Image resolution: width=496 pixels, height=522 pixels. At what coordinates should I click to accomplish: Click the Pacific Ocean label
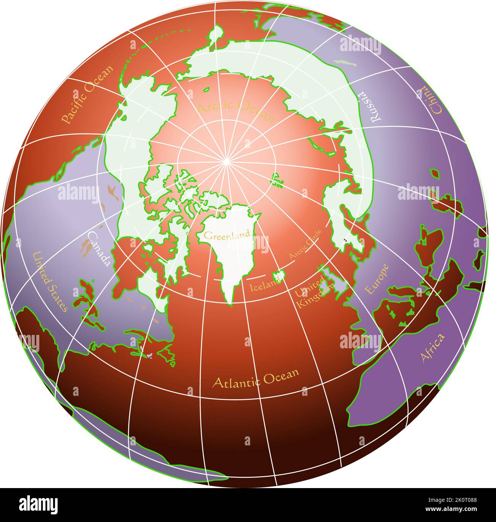click(87, 95)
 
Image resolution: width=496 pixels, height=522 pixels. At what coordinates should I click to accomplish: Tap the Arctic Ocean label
click(236, 110)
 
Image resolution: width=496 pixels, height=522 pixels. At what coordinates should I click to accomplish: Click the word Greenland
click(227, 235)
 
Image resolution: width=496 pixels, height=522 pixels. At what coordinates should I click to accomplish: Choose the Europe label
click(377, 279)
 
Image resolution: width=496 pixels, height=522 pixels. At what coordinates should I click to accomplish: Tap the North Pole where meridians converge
click(226, 162)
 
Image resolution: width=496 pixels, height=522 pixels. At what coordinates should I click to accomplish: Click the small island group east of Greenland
click(278, 180)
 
